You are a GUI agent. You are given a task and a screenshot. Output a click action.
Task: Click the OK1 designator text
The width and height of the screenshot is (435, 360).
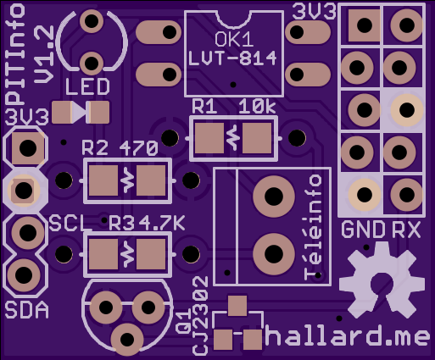234,39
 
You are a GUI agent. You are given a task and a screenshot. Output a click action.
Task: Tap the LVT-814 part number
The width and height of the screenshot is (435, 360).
232,58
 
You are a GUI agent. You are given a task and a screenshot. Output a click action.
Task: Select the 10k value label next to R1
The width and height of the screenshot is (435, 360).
257,107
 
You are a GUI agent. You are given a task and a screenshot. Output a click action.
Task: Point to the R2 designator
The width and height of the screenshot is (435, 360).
95,148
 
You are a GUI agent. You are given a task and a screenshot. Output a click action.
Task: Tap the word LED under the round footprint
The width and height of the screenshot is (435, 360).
87,86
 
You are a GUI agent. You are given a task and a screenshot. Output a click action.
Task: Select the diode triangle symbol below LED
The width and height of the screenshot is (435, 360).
80,113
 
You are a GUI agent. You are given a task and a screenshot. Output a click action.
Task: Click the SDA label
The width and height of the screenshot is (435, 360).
27,310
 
